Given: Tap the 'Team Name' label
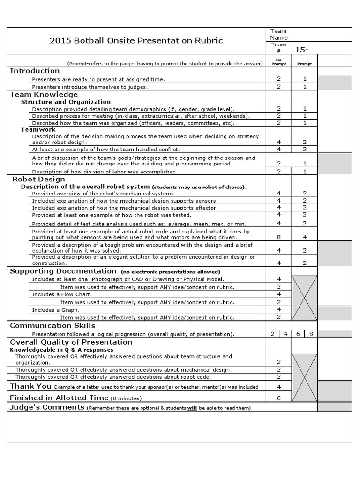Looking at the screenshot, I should (x=279, y=34).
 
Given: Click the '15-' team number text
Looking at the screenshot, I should (x=301, y=50).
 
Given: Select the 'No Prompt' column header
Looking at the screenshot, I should (x=278, y=62).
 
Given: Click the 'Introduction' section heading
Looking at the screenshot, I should (x=35, y=71).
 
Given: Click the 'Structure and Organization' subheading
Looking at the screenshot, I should (x=66, y=102).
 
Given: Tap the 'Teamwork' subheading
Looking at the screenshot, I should (x=38, y=129).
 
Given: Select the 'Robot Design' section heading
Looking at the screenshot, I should (x=38, y=179).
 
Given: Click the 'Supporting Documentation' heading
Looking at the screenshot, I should (x=63, y=271).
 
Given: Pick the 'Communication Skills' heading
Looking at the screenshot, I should (x=52, y=325).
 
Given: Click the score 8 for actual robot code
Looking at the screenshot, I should (x=279, y=237).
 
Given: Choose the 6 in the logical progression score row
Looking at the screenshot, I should (x=298, y=334).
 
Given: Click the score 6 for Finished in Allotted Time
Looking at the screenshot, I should (x=279, y=398).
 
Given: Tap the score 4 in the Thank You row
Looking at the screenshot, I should (x=279, y=387).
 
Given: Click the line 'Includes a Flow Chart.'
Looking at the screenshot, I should (x=62, y=294).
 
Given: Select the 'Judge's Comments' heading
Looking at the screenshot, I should (x=47, y=407).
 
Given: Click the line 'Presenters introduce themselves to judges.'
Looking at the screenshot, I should (x=90, y=87).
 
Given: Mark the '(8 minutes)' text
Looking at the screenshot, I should (x=126, y=398).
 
